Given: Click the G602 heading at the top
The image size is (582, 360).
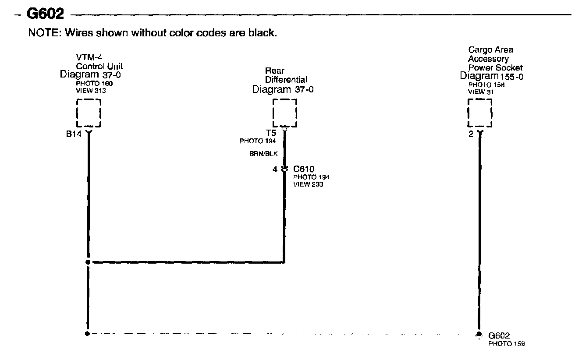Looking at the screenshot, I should (x=46, y=14).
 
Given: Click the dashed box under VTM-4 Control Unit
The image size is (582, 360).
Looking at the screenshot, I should (x=89, y=113).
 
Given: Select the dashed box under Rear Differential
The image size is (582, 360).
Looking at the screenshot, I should (x=285, y=113).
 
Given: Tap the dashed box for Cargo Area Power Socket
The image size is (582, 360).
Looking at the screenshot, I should (x=480, y=113).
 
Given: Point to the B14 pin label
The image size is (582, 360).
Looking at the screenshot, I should (x=74, y=134).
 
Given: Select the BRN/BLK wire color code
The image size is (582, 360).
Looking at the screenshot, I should (x=264, y=154).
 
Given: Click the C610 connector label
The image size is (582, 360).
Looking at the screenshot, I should (x=304, y=169).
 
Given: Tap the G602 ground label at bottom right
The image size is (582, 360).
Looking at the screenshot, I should (x=499, y=336).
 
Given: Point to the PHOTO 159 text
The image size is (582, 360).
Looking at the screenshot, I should (x=507, y=343).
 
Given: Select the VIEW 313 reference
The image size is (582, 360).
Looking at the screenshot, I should (x=91, y=91).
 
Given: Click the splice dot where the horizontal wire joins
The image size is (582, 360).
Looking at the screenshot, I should (x=88, y=262).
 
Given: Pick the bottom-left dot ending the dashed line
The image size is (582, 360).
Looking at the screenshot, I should (x=88, y=334).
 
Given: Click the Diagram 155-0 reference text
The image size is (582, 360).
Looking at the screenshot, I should (x=492, y=76).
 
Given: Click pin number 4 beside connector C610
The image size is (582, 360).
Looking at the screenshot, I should (x=275, y=169).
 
